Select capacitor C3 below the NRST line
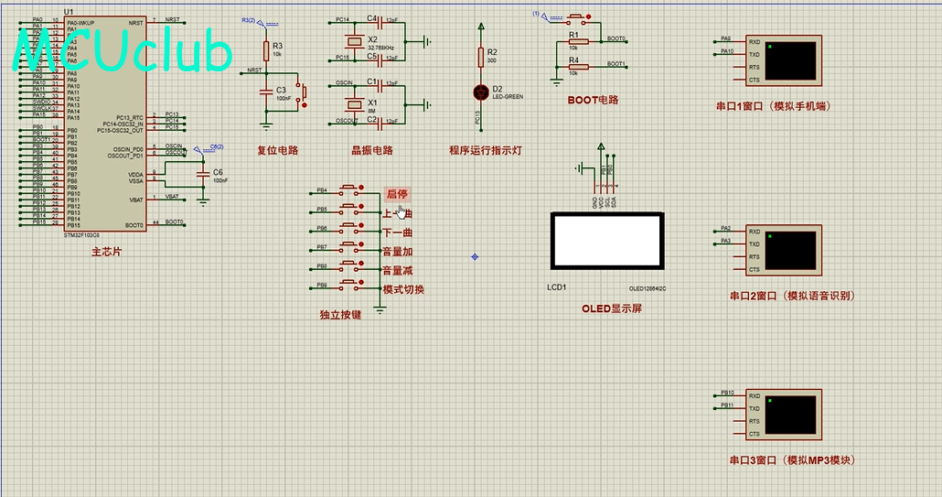[x=266, y=92]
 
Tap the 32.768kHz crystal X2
[x=352, y=41]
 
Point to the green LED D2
[x=481, y=92]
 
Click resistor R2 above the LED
[x=481, y=57]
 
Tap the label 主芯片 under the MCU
[x=105, y=252]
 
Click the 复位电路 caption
[x=277, y=150]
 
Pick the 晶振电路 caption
[x=371, y=150]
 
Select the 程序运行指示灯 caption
[x=485, y=150]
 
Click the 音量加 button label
[x=398, y=252]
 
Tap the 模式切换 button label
[x=403, y=289]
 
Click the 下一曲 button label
[x=398, y=232]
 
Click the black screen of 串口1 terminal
[x=791, y=60]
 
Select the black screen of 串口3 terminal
[x=791, y=415]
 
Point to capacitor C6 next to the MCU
[x=202, y=173]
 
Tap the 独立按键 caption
[x=340, y=315]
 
